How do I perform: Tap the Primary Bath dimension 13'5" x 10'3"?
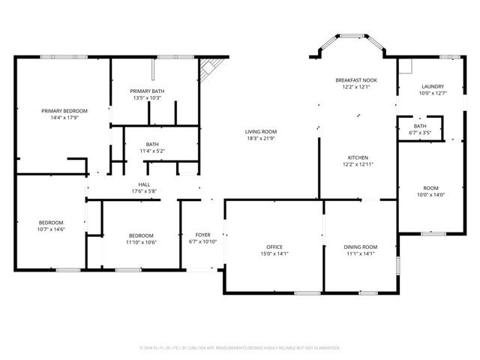point(147,97)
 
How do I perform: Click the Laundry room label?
point(433,86)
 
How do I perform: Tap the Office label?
point(274,247)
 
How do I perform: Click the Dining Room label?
point(360,247)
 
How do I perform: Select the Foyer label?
point(202,235)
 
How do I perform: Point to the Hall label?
point(144,184)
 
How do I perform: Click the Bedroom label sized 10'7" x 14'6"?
point(51,222)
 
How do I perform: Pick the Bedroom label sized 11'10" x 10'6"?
point(140,235)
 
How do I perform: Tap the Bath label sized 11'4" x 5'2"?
point(152,145)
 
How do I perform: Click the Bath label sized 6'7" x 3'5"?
point(420,126)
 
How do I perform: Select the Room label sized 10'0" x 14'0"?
point(430,188)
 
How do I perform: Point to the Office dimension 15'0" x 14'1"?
point(274,253)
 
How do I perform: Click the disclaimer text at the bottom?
point(240,348)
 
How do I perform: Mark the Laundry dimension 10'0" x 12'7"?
point(433,93)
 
